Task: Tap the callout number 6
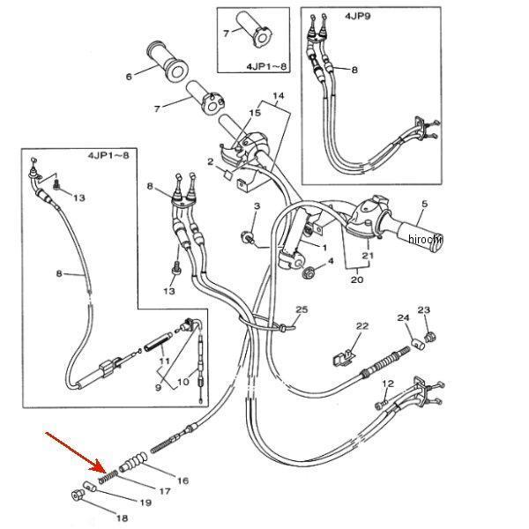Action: pyautogui.click(x=129, y=77)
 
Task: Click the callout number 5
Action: pyautogui.click(x=424, y=205)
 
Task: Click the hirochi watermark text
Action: pyautogui.click(x=426, y=239)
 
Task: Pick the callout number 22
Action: pyautogui.click(x=361, y=327)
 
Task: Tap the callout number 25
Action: pyautogui.click(x=302, y=310)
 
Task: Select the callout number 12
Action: pyautogui.click(x=387, y=384)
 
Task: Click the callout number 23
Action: pyautogui.click(x=424, y=310)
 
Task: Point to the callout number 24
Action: pyautogui.click(x=402, y=317)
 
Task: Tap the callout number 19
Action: pyautogui.click(x=146, y=503)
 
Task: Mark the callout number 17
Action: pyautogui.click(x=165, y=490)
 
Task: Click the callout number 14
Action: pyautogui.click(x=279, y=95)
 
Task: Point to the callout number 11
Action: pyautogui.click(x=163, y=361)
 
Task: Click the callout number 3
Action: pyautogui.click(x=257, y=205)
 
